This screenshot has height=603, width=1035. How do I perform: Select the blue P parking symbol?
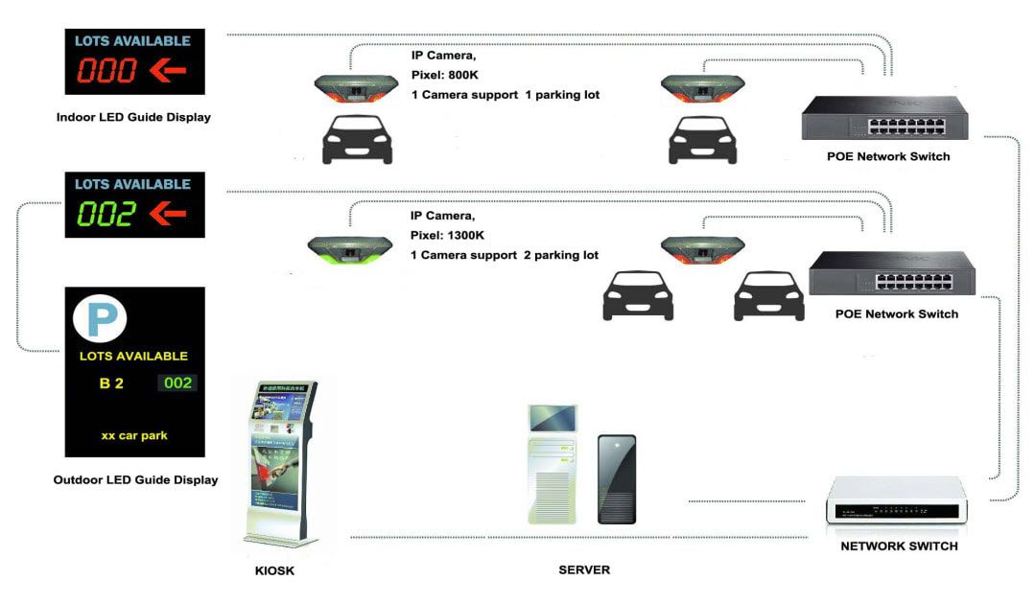101,318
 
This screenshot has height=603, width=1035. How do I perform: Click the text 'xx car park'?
134,435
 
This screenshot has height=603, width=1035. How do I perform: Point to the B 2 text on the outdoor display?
112,383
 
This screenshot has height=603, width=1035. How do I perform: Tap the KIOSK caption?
274,571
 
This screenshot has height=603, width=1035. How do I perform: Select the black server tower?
616,478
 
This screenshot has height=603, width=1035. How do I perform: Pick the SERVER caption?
584,570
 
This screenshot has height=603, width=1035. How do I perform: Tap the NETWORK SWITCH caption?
899,546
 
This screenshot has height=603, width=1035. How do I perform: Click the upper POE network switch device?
884,118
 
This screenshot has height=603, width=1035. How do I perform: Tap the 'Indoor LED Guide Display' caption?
133,118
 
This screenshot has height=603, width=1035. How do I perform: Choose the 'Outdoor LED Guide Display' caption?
135,480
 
